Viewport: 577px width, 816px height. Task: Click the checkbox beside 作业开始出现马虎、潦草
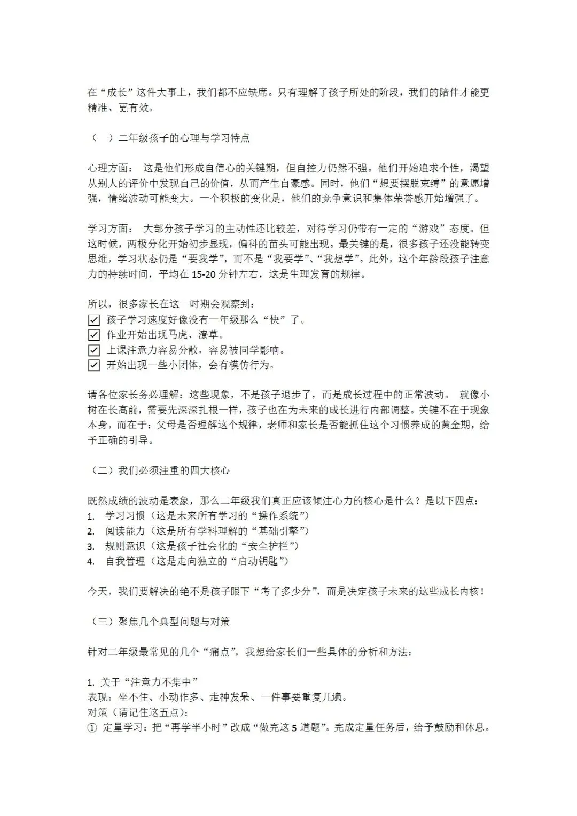(94, 335)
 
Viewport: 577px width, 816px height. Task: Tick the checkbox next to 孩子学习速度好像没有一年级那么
(94, 320)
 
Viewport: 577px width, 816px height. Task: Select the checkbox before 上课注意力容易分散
(94, 350)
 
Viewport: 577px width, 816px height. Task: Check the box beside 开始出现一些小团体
(94, 365)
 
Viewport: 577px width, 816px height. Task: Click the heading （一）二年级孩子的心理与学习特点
(168, 138)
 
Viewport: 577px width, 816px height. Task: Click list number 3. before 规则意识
(91, 546)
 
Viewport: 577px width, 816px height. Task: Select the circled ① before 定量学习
(92, 727)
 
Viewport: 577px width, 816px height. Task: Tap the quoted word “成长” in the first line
(116, 92)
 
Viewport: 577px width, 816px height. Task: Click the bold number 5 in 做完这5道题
(294, 728)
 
